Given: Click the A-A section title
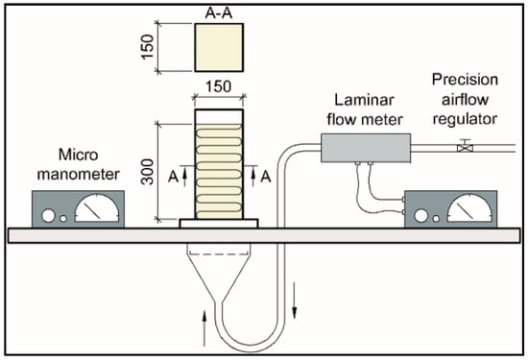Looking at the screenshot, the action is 219,13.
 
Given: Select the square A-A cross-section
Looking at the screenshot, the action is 219,47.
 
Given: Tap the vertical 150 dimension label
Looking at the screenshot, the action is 147,47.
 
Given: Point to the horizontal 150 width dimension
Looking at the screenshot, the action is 219,87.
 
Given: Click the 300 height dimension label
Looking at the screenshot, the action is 147,172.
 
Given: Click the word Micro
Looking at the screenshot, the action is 79,155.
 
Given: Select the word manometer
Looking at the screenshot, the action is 79,175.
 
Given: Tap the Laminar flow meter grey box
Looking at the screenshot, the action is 366,148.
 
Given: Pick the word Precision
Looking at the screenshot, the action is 465,80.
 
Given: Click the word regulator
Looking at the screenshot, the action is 465,119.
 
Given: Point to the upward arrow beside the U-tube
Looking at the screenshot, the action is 204,328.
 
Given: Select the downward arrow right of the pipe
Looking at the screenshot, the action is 295,300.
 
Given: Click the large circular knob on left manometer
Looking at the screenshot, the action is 48,216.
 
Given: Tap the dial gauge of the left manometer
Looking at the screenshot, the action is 97,207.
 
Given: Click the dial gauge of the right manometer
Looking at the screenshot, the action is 469,207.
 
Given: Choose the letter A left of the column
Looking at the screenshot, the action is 174,177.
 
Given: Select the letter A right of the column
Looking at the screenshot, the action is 266,177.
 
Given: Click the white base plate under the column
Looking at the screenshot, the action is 219,224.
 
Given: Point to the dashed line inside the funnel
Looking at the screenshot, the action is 219,254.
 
